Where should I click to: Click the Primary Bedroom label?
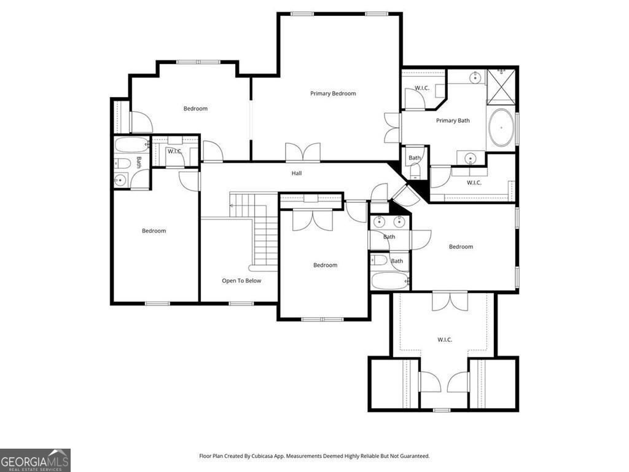click(x=333, y=93)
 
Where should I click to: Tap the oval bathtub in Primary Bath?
click(x=502, y=127)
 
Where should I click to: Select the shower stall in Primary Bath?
click(x=502, y=86)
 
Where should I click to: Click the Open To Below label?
click(x=241, y=281)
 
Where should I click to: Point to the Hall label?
click(x=297, y=173)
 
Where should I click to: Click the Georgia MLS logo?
click(x=35, y=460)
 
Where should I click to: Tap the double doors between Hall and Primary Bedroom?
click(x=303, y=152)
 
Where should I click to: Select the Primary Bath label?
click(x=453, y=120)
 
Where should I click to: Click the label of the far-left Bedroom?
click(x=154, y=231)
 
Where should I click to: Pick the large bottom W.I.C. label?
click(x=445, y=339)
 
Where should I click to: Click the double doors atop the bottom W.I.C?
click(x=445, y=301)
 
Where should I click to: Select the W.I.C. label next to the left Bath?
click(x=174, y=151)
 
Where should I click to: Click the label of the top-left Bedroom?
click(x=195, y=109)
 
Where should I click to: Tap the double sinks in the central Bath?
click(x=389, y=222)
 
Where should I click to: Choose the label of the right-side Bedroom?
click(x=461, y=247)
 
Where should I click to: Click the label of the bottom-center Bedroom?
click(x=325, y=265)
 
